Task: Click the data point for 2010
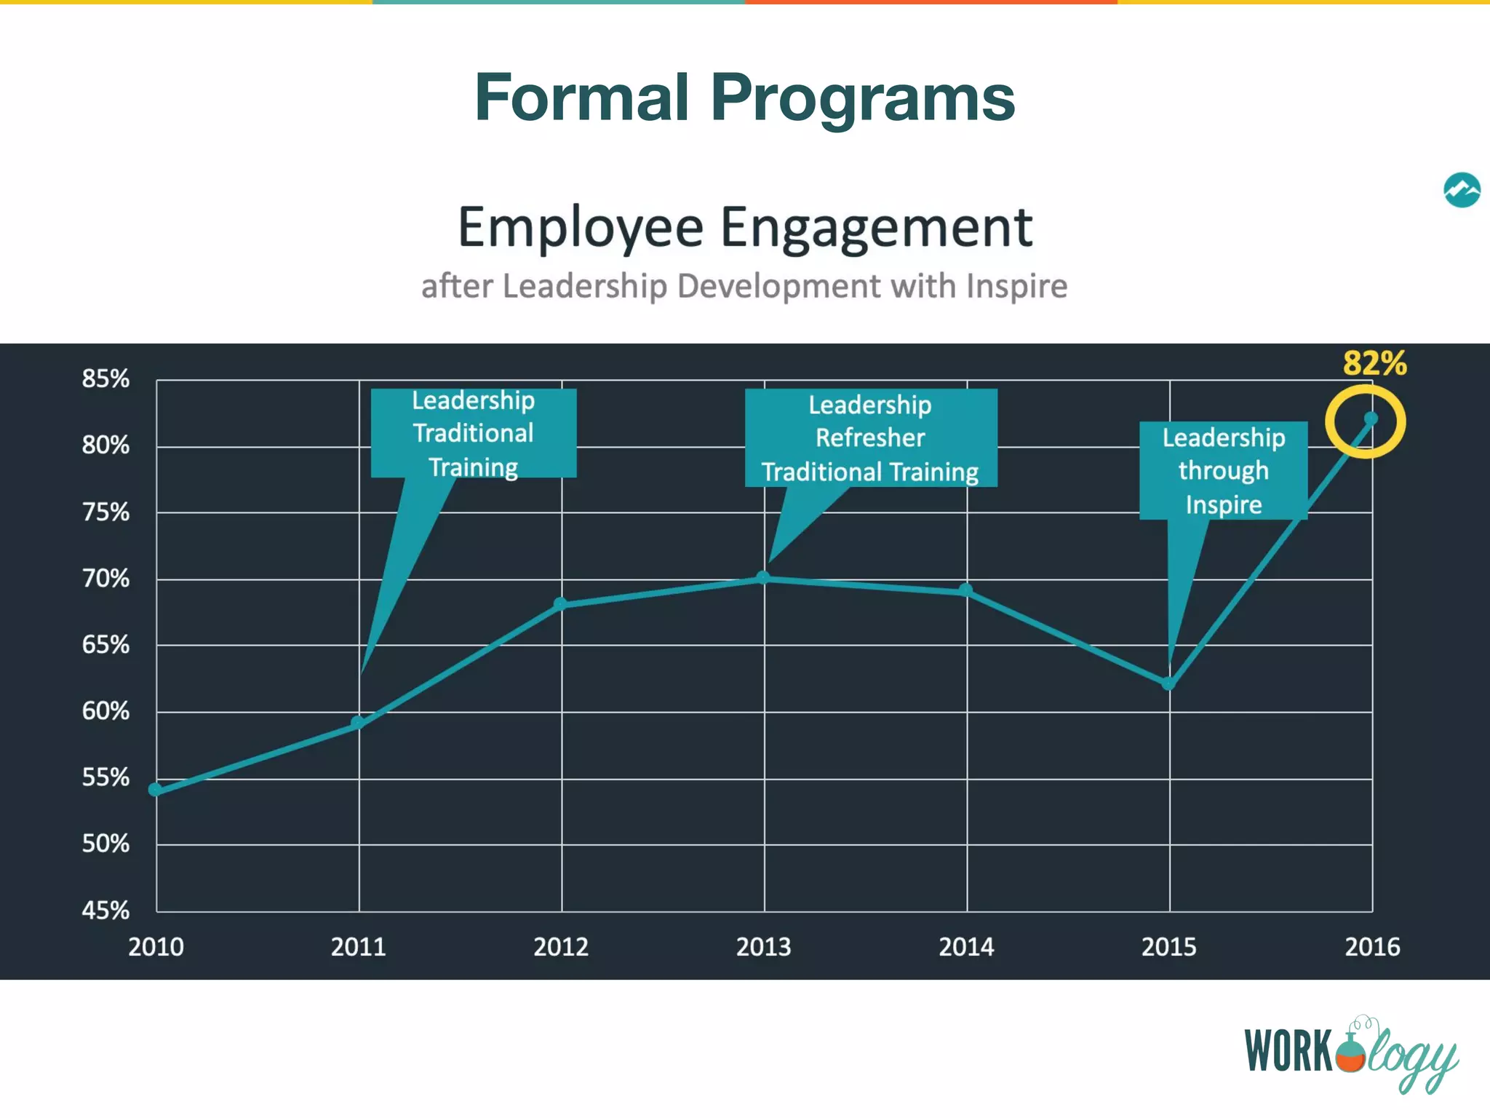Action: pyautogui.click(x=155, y=790)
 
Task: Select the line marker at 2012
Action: pyautogui.click(x=560, y=603)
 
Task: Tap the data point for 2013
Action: pyautogui.click(x=763, y=578)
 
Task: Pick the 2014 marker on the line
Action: pyautogui.click(x=965, y=590)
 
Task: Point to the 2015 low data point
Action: pyautogui.click(x=1168, y=683)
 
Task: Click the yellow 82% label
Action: pyautogui.click(x=1374, y=363)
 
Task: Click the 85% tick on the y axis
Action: pyautogui.click(x=105, y=378)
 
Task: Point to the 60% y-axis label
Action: pyautogui.click(x=105, y=711)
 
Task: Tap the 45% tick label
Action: pyautogui.click(x=105, y=910)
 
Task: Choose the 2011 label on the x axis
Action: pyautogui.click(x=358, y=947)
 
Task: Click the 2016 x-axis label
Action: pyautogui.click(x=1371, y=947)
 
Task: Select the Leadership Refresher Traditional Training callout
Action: pyautogui.click(x=870, y=438)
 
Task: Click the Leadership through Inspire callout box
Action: pyautogui.click(x=1223, y=471)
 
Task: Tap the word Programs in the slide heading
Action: pyautogui.click(x=862, y=98)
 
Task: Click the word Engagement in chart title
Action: pyautogui.click(x=876, y=228)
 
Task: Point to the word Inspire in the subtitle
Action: pyautogui.click(x=1016, y=286)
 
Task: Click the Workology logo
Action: pyautogui.click(x=1351, y=1052)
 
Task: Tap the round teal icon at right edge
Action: pyautogui.click(x=1462, y=190)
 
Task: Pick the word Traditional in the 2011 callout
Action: pyautogui.click(x=473, y=433)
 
